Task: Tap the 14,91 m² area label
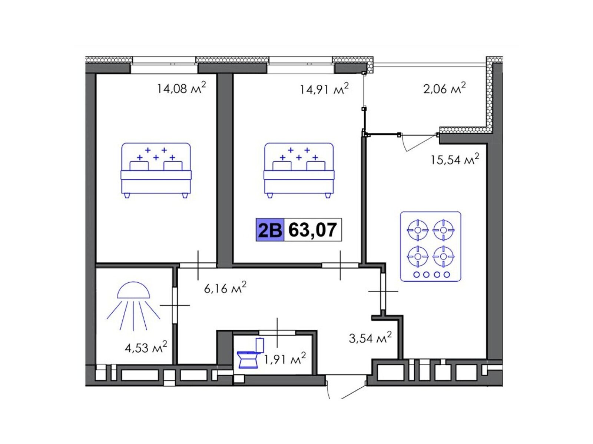coord(324,88)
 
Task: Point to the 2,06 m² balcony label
coord(444,88)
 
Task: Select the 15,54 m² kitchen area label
coord(455,159)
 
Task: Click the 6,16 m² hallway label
coord(225,287)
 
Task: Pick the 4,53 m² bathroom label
coord(146,347)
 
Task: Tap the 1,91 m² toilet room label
coord(285,359)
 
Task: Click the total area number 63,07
coord(312,230)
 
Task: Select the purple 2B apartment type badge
coord(269,230)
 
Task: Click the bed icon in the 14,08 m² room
coord(156,170)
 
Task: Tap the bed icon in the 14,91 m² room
coord(299,170)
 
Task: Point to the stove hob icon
coord(431,247)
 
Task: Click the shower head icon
coord(133,306)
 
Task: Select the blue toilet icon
coord(251,353)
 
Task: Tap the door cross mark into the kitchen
coord(383,291)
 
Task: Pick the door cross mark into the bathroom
coord(175,305)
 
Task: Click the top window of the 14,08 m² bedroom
coord(164,65)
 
